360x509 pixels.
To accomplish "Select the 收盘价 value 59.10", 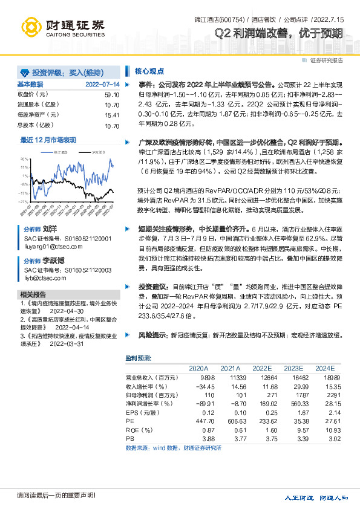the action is click(x=112, y=95).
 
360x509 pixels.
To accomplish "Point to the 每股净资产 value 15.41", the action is click(x=112, y=115).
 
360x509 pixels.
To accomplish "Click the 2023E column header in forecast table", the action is click(x=293, y=368).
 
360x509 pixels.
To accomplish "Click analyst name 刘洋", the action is click(x=48, y=230).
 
